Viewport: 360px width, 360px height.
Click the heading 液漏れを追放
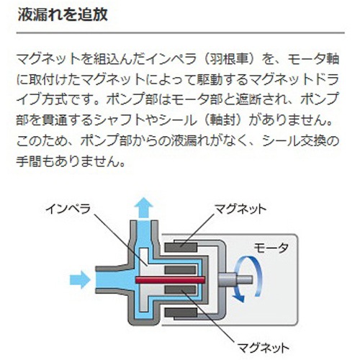63,15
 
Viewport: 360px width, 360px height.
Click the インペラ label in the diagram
68,209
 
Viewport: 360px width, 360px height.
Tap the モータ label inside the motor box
271,248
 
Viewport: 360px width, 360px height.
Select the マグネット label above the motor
240,210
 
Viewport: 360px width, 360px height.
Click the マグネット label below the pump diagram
263,347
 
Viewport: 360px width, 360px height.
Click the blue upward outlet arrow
143,208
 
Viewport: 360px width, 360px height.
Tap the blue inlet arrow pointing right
80,280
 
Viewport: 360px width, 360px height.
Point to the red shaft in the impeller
170,280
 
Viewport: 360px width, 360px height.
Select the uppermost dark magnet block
181,248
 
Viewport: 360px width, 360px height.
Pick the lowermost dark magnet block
181,312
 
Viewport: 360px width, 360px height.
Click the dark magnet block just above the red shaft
181,270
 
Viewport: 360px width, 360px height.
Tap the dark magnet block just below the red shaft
181,290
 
